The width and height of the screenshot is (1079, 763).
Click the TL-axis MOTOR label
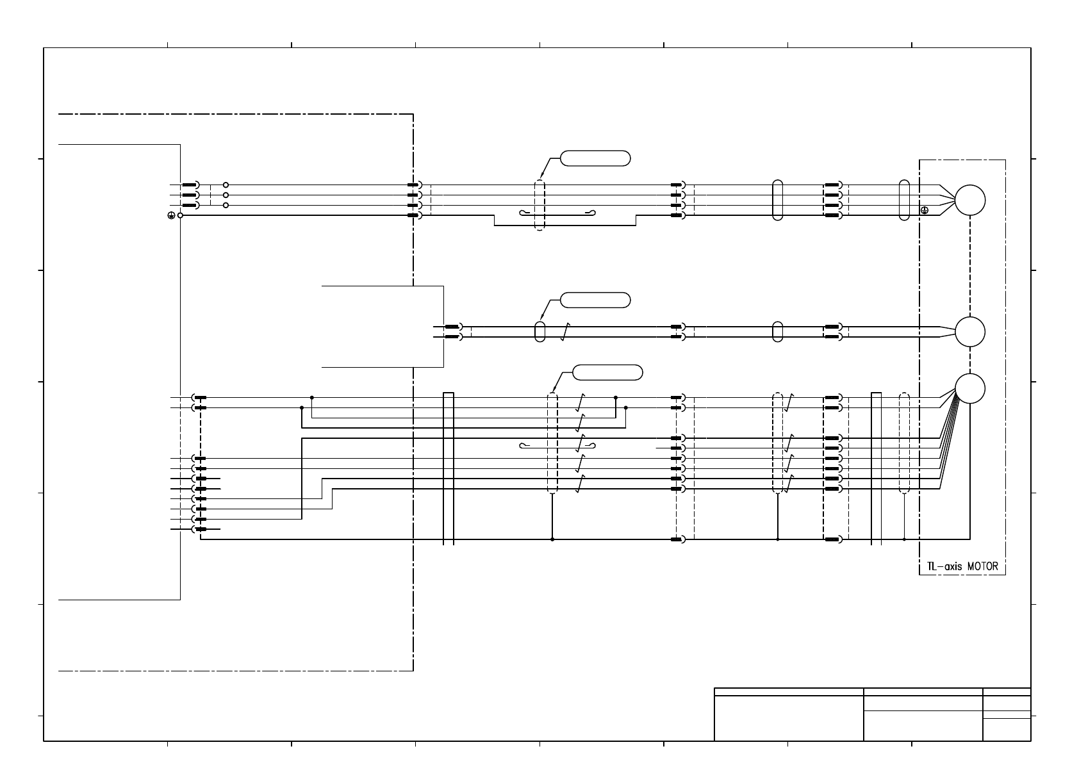coord(962,567)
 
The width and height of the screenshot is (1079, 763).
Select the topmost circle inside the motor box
coord(970,200)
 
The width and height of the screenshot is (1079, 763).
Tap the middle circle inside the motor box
coord(970,332)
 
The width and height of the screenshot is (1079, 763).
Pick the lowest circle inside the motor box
coord(970,388)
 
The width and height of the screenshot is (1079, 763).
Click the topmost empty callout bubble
coord(595,158)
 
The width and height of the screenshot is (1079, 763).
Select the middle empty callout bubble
coord(595,300)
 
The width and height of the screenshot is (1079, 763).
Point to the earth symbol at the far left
coord(171,216)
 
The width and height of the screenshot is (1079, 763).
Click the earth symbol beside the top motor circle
coord(925,210)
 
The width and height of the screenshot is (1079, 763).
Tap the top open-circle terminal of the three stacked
coord(226,185)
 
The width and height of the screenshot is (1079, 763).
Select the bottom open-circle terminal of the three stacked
coord(226,205)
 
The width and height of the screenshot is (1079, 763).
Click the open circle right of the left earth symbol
coord(181,216)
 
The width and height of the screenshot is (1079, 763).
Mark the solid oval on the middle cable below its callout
coord(539,331)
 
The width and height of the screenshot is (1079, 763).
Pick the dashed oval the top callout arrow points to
coord(539,205)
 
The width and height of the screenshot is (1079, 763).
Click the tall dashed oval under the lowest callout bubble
coord(552,443)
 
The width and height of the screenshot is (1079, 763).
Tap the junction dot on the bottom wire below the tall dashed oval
coord(552,539)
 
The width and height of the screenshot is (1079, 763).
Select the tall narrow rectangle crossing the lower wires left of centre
coord(449,468)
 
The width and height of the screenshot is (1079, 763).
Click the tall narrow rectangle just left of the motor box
coord(876,468)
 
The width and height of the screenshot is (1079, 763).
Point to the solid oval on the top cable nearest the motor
coord(904,200)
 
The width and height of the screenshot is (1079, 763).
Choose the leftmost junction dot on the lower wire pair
coord(302,407)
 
